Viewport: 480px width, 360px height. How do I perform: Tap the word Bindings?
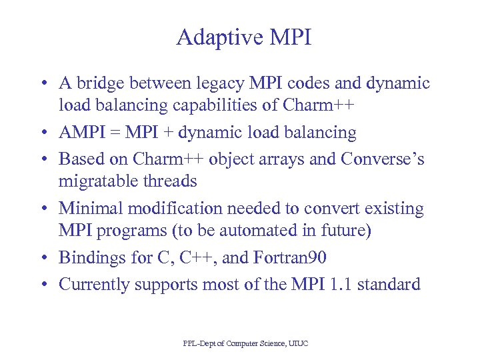[x=87, y=258]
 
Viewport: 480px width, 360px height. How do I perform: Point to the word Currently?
[x=94, y=285]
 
